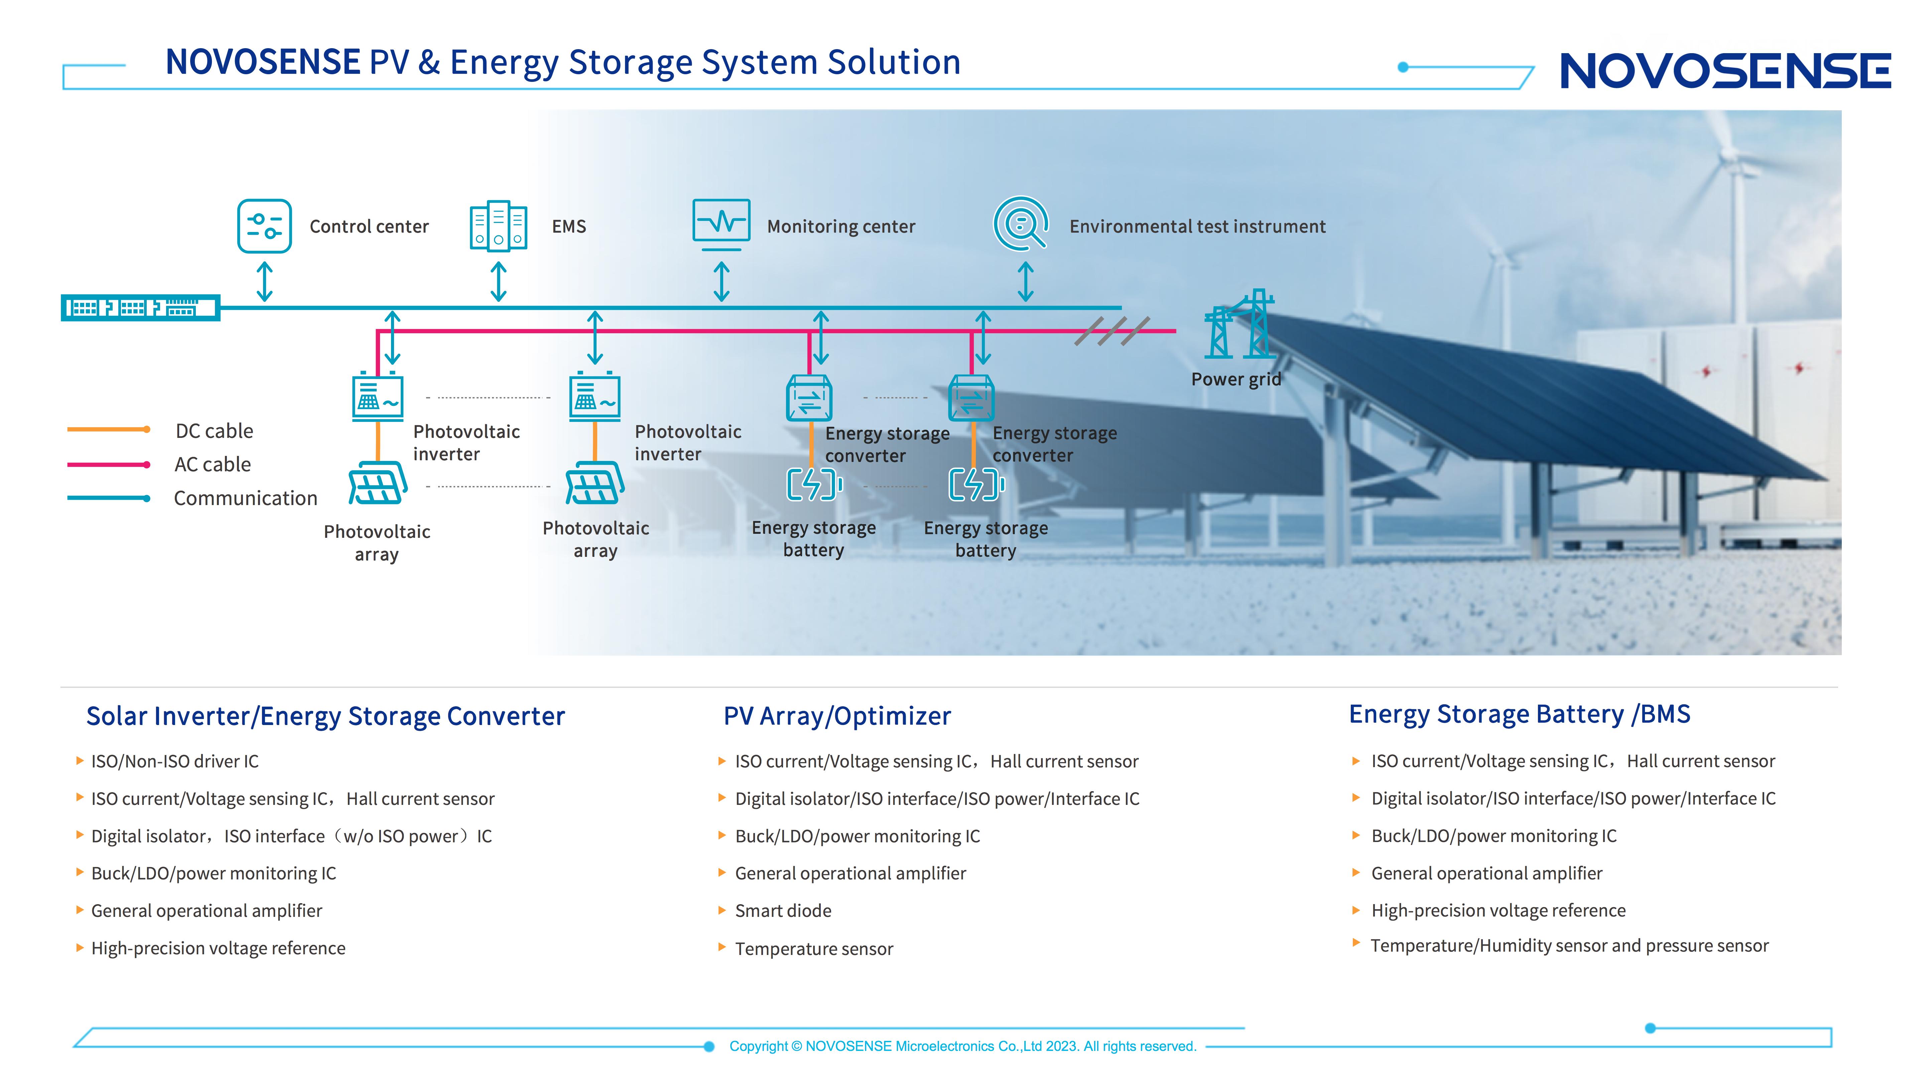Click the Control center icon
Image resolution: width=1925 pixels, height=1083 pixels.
(x=264, y=226)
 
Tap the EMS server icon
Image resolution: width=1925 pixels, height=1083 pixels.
(x=498, y=226)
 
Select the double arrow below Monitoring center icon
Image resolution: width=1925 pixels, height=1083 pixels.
(x=721, y=281)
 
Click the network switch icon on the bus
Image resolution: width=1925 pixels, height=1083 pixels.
(x=140, y=307)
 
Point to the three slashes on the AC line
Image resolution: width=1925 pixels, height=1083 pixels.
(x=1112, y=330)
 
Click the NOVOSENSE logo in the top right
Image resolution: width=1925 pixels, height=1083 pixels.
(x=1725, y=71)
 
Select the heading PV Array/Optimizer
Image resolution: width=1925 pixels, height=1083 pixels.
(x=837, y=716)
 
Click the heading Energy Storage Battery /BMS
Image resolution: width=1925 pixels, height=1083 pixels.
(x=1519, y=715)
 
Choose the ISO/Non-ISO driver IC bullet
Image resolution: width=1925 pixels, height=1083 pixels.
(x=174, y=761)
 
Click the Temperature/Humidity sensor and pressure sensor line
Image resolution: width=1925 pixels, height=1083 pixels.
(x=1569, y=946)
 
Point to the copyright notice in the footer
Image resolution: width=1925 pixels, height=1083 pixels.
(x=962, y=1046)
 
